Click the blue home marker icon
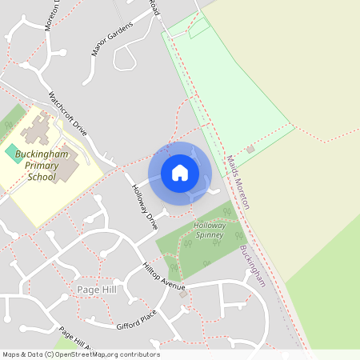[180, 173]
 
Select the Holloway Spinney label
[210, 230]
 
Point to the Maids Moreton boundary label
[238, 182]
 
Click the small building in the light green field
[250, 149]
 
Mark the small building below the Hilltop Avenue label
[183, 294]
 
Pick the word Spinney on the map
[210, 236]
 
